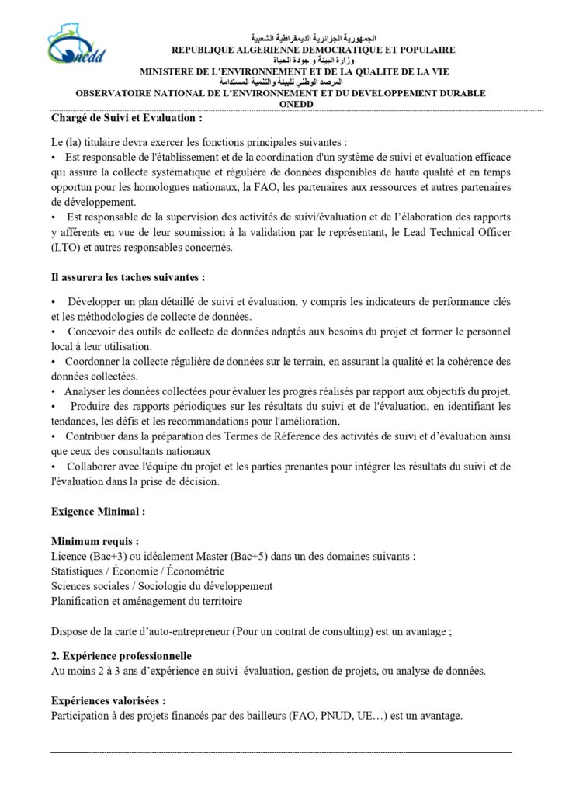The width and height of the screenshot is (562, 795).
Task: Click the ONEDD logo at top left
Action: [x=76, y=46]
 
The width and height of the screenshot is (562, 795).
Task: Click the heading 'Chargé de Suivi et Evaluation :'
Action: [x=127, y=119]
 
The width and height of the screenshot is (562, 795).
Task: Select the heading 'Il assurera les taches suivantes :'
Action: [x=128, y=277]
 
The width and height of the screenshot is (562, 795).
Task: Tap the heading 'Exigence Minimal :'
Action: [x=98, y=512]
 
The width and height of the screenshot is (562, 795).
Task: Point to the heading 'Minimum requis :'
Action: [x=95, y=541]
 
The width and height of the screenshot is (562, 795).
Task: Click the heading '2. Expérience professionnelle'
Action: [x=121, y=657]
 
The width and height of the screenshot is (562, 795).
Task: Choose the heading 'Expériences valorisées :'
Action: [x=108, y=700]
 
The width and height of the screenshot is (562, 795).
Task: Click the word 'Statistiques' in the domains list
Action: [x=78, y=571]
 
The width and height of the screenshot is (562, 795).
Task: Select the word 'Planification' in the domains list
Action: [x=79, y=601]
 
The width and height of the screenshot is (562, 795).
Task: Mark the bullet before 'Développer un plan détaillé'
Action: [x=54, y=301]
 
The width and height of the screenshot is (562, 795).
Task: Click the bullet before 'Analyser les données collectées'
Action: [x=54, y=391]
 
